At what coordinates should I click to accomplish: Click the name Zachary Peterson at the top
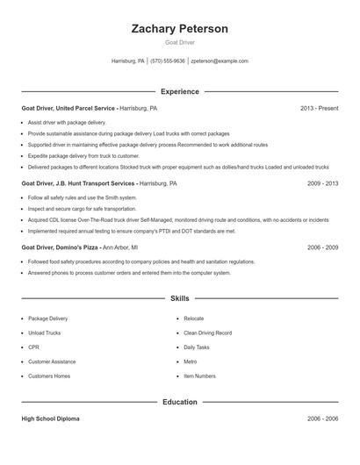pos(179,29)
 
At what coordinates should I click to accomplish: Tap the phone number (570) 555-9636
pos(168,61)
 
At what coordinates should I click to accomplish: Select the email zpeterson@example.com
pos(220,61)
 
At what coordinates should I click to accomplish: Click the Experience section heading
pos(179,91)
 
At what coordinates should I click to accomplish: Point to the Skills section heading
pos(179,299)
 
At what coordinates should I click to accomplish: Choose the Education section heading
pos(179,402)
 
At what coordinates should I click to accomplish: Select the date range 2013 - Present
pos(319,108)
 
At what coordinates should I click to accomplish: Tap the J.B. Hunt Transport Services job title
pos(78,184)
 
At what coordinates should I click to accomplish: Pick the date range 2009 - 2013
pos(322,184)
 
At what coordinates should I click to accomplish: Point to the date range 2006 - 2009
pos(322,247)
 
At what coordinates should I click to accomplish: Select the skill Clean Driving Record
pos(207,333)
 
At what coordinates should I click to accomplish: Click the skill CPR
pos(33,347)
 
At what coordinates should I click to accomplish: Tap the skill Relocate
pos(193,318)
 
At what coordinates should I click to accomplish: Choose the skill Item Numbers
pos(199,376)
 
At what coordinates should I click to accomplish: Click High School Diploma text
pos(50,419)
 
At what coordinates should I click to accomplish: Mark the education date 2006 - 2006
pos(322,419)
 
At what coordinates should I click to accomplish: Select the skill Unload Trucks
pos(44,333)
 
